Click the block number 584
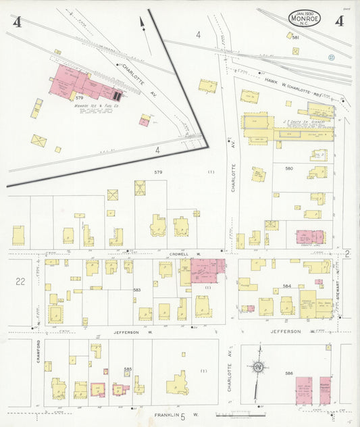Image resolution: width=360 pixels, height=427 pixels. click(287, 286)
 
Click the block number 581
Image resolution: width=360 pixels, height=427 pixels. click(295, 37)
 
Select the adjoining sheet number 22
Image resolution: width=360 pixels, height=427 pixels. click(20, 282)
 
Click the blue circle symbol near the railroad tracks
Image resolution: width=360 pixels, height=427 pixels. click(331, 57)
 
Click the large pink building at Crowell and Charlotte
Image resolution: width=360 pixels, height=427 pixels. click(207, 270)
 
